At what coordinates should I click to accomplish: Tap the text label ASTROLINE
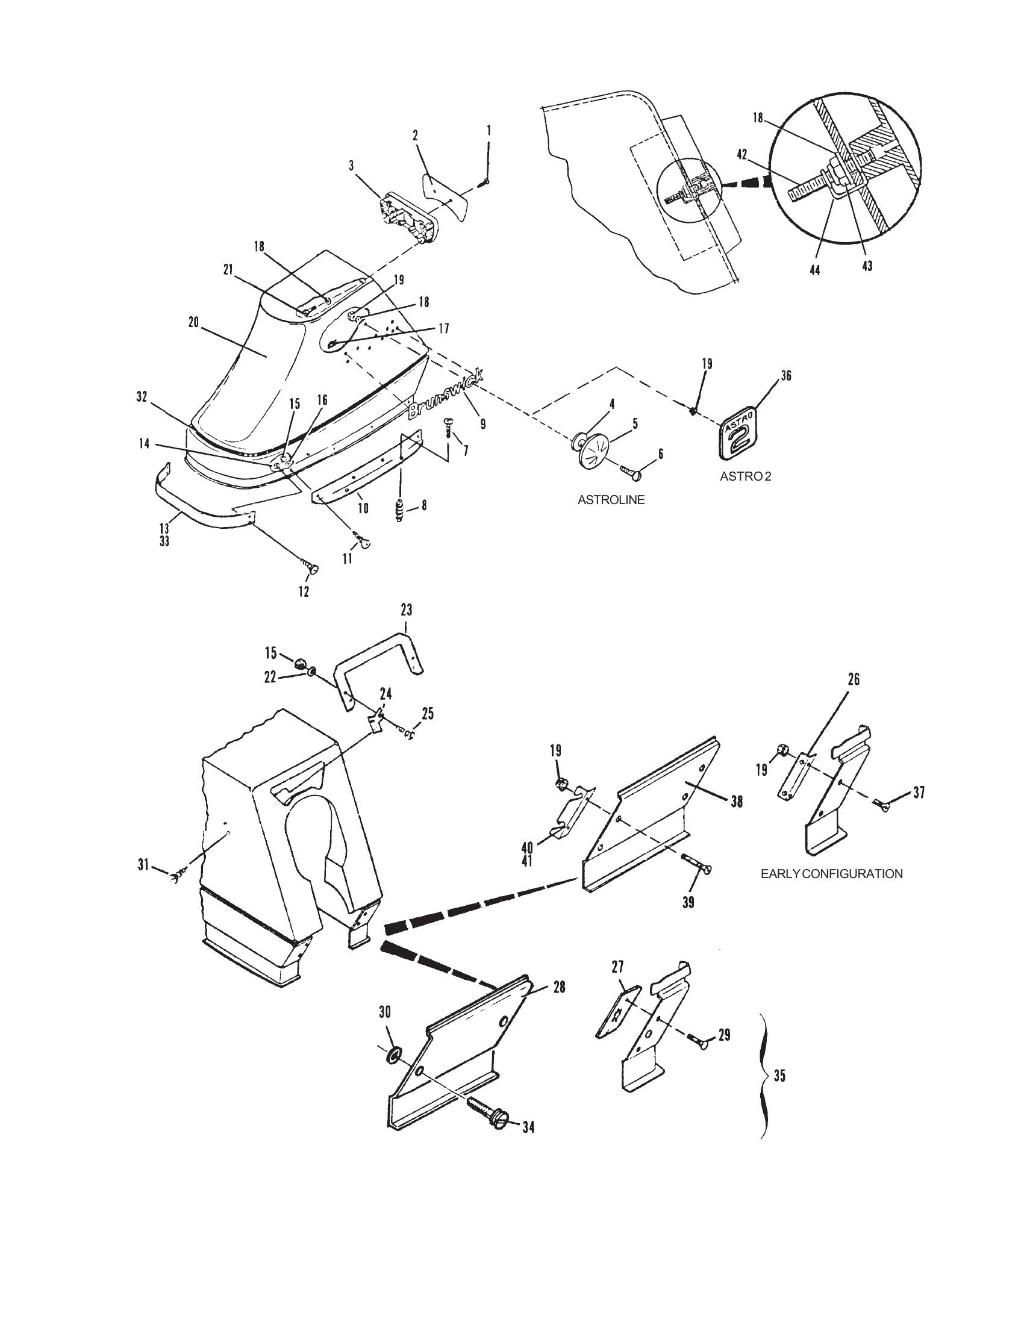611,500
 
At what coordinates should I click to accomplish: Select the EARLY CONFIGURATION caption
832,874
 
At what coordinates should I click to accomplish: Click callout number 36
787,376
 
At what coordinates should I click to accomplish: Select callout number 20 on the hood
194,324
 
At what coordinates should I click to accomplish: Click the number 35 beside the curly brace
779,1076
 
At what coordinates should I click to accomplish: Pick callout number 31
143,865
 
